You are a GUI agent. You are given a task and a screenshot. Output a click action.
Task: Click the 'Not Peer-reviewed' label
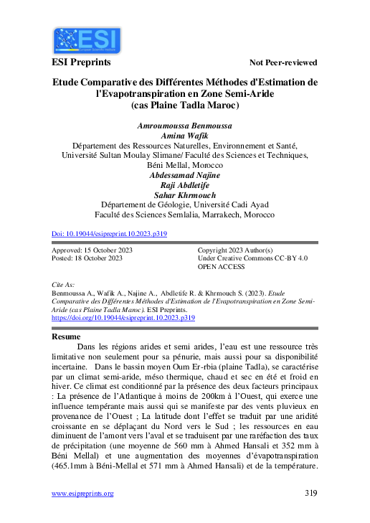point(283,62)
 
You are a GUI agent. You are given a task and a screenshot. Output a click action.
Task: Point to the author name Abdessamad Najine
point(184,174)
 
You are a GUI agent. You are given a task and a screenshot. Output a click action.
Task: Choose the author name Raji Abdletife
point(184,184)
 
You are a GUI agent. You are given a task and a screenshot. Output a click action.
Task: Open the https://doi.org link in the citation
point(124,316)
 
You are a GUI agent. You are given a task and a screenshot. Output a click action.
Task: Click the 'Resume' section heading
point(67,336)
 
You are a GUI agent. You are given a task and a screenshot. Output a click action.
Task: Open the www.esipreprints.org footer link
point(83,493)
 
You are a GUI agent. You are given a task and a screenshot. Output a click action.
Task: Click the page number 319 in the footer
point(310,493)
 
